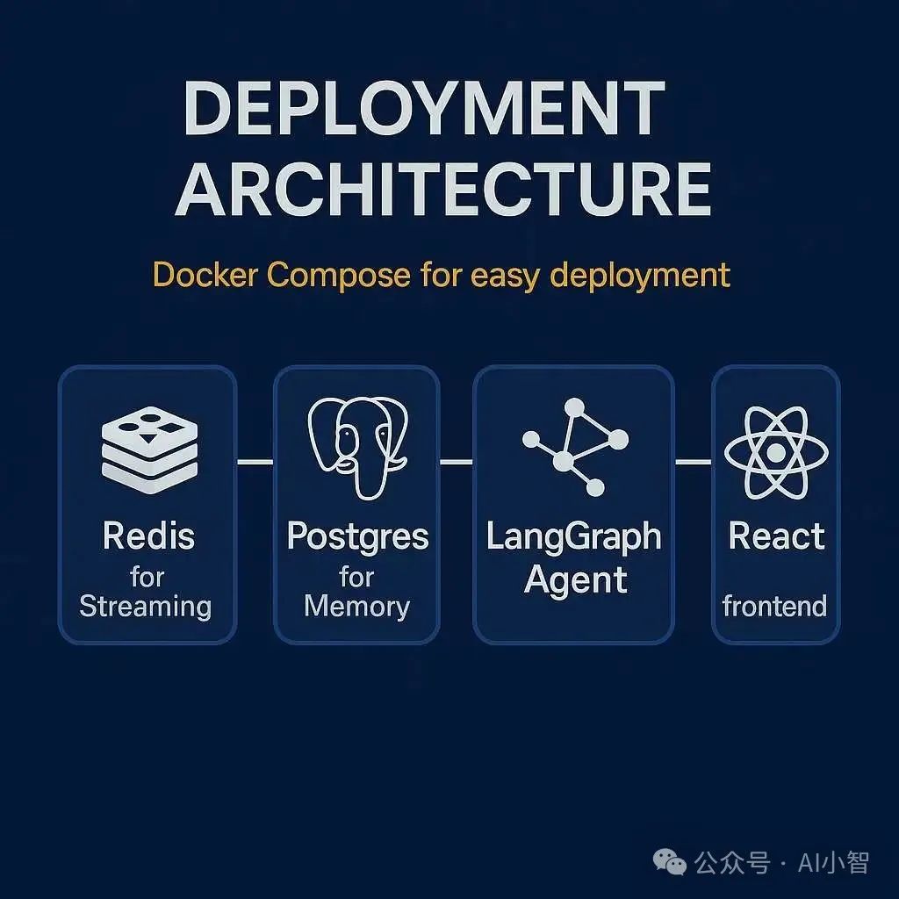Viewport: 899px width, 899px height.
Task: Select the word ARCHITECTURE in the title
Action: (443, 189)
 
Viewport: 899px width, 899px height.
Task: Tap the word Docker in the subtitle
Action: (205, 275)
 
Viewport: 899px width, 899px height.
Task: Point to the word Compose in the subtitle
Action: (339, 276)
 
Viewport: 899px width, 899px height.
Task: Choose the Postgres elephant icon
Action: (356, 446)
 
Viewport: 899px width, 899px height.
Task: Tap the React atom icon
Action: (775, 453)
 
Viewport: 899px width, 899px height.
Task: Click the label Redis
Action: (148, 536)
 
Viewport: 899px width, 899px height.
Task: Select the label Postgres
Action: (357, 536)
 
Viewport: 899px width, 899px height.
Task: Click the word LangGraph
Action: (574, 537)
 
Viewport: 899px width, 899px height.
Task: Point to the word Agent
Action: (576, 579)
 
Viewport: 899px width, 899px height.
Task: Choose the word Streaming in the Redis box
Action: (146, 606)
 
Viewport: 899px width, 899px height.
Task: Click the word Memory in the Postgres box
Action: (356, 606)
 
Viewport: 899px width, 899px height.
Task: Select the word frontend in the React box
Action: (774, 606)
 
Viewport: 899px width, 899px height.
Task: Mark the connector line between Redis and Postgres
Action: (255, 461)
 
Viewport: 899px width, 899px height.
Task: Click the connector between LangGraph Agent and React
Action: (693, 461)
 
